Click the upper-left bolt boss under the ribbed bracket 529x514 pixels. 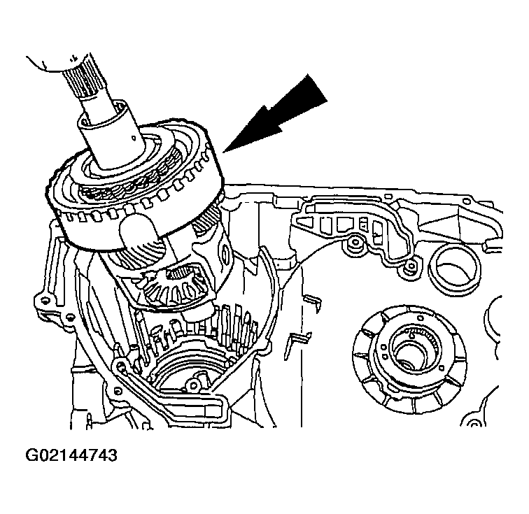click(354, 243)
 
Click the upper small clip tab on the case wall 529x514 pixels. click(312, 302)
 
